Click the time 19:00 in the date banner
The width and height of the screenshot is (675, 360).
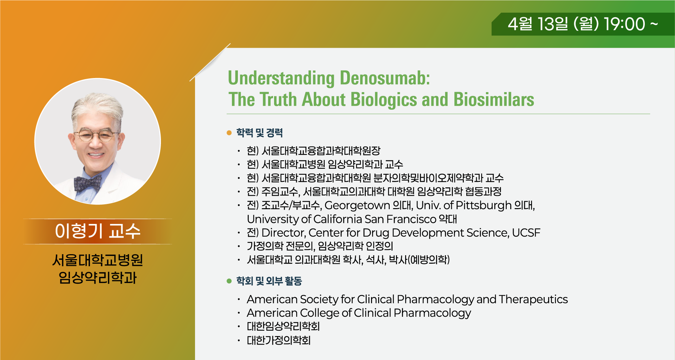[x=624, y=24]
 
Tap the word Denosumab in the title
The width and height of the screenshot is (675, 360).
[x=385, y=78]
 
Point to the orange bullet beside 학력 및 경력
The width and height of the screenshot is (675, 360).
[x=229, y=133]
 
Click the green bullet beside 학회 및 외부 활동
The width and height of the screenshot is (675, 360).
[x=229, y=281]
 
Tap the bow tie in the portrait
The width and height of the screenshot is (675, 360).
[x=87, y=183]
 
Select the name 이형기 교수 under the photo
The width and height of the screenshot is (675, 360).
[x=98, y=231]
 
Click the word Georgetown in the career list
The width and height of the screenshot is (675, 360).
[x=357, y=205]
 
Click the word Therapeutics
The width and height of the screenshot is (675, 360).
[x=533, y=299]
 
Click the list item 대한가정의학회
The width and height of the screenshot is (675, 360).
[x=279, y=340]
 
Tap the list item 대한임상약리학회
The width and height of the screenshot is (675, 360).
[x=283, y=327]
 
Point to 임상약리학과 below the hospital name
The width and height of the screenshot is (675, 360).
[x=98, y=278]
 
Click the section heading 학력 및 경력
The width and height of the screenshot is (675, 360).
[x=260, y=133]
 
